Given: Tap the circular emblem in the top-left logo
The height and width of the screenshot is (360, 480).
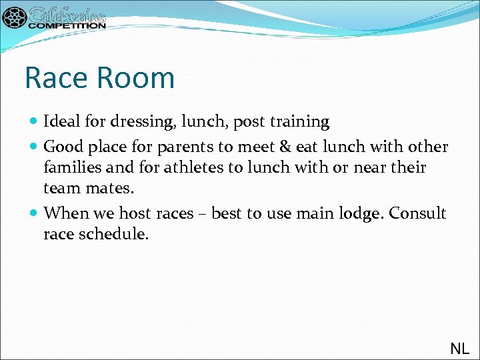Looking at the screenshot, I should pyautogui.click(x=14, y=17).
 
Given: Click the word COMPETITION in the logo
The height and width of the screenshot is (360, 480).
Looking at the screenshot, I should pyautogui.click(x=67, y=25).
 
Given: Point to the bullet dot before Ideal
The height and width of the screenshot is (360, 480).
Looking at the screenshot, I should pyautogui.click(x=34, y=122).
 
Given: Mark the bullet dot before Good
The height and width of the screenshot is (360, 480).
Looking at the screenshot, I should pyautogui.click(x=34, y=147).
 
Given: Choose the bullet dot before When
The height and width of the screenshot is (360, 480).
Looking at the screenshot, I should pyautogui.click(x=34, y=213).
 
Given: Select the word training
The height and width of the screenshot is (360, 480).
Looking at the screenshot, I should pyautogui.click(x=298, y=122).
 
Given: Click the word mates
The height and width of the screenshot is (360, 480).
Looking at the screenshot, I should pyautogui.click(x=111, y=189).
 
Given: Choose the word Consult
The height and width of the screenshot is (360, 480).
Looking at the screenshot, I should pyautogui.click(x=417, y=213).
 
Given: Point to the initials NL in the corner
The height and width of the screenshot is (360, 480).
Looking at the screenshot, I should pyautogui.click(x=459, y=348).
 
